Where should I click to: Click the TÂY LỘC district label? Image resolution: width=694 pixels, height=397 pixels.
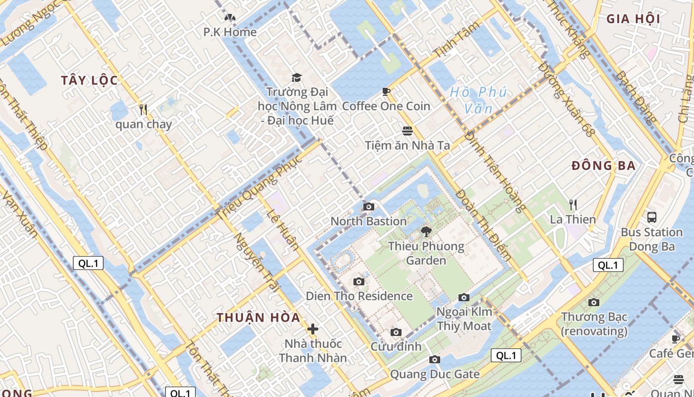coord(90,80)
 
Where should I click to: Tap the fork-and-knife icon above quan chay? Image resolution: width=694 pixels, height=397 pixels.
coord(143,109)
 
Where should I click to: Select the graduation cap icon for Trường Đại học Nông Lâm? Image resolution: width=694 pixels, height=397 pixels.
coord(296,77)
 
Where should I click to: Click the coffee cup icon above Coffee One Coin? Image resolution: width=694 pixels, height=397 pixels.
coord(386,91)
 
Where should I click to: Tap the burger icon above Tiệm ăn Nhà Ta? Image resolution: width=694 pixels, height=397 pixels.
coord(407,131)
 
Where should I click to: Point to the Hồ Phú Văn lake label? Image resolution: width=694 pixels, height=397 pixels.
coord(478,100)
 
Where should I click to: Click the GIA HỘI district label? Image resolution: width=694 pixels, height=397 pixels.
coord(633,19)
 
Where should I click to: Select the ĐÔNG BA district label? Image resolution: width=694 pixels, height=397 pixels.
coord(603,166)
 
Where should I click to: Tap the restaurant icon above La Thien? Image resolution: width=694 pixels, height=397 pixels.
coord(573,204)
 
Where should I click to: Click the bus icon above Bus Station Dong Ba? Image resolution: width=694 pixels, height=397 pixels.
coord(651,217)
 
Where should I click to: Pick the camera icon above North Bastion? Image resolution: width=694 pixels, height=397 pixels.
coord(368,206)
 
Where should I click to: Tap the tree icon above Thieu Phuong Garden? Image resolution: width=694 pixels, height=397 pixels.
coord(426,231)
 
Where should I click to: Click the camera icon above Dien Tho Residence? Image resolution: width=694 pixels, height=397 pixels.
coord(359,282)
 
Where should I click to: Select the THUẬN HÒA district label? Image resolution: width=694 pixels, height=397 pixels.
coord(258,318)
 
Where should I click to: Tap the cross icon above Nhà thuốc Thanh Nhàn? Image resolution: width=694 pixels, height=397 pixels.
coord(313,329)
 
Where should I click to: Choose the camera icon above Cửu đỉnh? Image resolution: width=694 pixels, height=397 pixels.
coord(396,332)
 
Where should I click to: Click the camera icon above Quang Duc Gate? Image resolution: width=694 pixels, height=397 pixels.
coord(435,360)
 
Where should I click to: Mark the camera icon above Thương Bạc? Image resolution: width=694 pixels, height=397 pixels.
coord(593,302)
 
